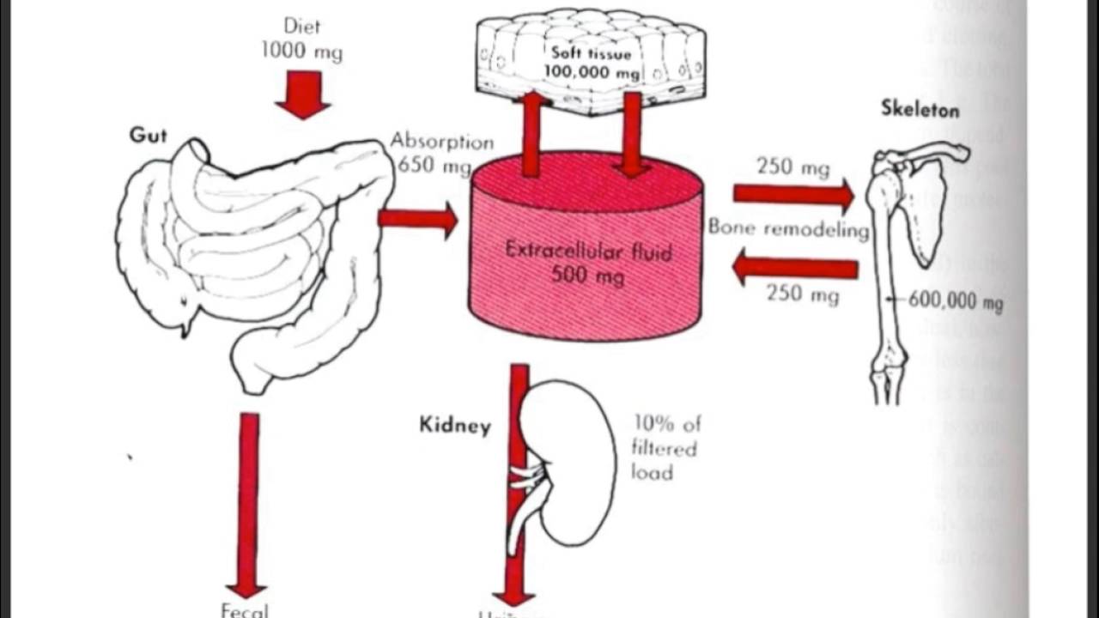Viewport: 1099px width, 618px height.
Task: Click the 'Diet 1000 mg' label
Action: point(302,39)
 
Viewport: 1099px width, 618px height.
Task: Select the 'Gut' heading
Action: point(148,136)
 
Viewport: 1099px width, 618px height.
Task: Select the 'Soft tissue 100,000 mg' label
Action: point(592,64)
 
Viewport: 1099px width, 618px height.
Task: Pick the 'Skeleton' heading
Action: point(920,109)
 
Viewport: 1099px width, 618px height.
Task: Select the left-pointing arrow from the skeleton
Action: point(794,270)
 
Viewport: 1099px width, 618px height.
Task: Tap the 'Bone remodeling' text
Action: point(788,230)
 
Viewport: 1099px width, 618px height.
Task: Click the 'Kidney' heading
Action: point(455,425)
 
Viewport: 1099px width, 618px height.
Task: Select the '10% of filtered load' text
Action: point(665,447)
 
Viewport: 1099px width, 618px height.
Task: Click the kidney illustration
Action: point(575,463)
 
